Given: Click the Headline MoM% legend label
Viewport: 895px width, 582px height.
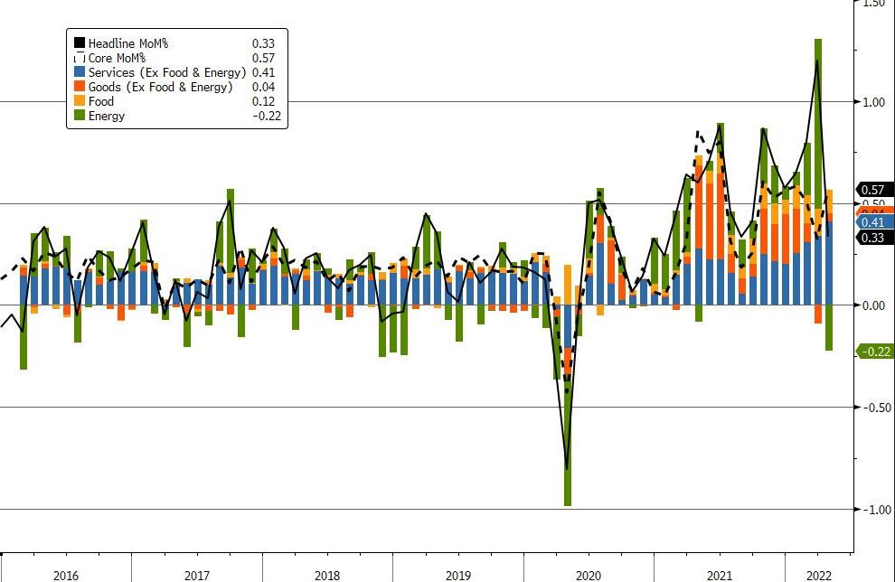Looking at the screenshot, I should tap(127, 42).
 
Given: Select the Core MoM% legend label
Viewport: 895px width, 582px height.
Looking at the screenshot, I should tap(118, 58).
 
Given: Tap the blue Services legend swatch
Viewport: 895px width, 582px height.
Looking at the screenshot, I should tap(80, 72).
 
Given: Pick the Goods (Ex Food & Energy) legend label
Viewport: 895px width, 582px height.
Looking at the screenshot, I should tap(160, 87).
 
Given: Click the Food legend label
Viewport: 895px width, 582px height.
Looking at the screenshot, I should tap(101, 101).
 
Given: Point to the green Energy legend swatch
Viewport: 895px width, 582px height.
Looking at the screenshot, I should tap(80, 116).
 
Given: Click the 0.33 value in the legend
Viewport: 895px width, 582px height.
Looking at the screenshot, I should tap(263, 42).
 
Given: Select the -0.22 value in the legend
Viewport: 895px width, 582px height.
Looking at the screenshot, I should tap(261, 116).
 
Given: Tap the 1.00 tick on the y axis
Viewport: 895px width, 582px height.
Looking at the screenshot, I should tap(872, 102).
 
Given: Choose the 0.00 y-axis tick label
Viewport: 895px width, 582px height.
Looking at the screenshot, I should tap(872, 305).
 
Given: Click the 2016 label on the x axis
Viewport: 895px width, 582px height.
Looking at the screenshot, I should tap(66, 575).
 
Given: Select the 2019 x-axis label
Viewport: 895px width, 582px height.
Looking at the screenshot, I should tap(458, 575).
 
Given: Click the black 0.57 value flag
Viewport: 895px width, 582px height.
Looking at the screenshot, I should tap(874, 190).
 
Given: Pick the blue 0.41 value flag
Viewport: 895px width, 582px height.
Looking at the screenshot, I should tap(874, 222).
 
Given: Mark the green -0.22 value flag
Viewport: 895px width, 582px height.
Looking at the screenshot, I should tap(874, 351).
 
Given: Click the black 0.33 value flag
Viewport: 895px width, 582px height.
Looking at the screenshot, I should tap(874, 238).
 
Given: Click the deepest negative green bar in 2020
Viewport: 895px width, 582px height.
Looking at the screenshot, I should tap(568, 452).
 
